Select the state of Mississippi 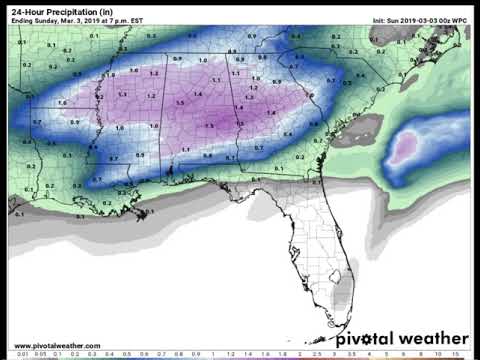point(140,120)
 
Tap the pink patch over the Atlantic point(405,150)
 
